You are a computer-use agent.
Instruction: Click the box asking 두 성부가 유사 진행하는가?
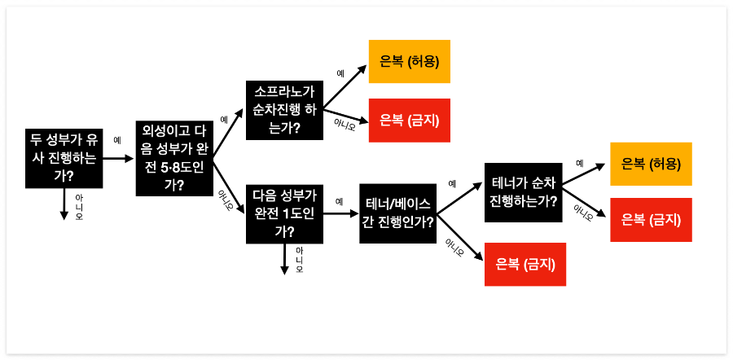(x=63, y=156)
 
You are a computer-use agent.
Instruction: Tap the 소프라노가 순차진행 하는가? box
(x=284, y=110)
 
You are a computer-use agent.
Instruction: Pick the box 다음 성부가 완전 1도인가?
(x=284, y=213)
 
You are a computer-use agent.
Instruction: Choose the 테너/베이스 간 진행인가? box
(x=398, y=214)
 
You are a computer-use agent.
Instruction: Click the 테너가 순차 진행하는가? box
(x=524, y=191)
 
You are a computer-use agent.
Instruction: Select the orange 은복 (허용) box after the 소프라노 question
(x=410, y=62)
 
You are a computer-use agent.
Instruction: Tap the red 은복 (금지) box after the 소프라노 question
(x=410, y=121)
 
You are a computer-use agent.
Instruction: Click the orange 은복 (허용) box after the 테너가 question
(x=651, y=163)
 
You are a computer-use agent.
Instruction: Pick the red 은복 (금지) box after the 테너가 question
(x=651, y=219)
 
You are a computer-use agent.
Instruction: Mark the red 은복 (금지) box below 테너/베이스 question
(x=525, y=264)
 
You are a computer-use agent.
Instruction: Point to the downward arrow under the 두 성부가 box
(x=64, y=204)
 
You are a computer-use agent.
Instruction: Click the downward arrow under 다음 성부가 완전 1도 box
(x=284, y=257)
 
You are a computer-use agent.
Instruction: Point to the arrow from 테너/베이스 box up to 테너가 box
(x=460, y=195)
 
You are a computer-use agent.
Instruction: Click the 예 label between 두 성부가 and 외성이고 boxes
(x=117, y=140)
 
